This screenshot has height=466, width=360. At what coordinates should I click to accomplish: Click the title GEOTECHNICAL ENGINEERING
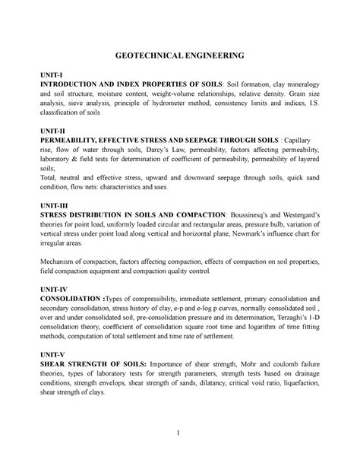180,56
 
